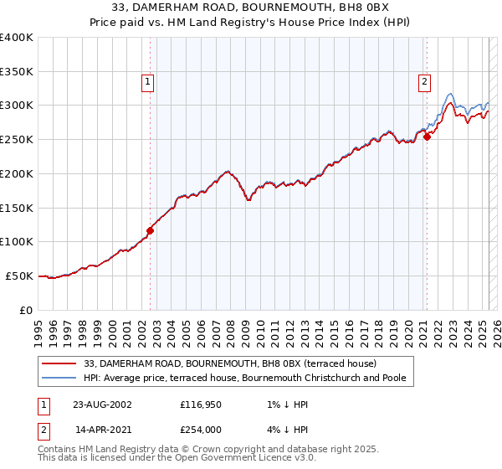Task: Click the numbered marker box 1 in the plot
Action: [147, 82]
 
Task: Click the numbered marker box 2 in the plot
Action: [424, 82]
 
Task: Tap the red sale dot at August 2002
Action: [151, 230]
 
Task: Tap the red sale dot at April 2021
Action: [427, 137]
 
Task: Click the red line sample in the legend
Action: [59, 363]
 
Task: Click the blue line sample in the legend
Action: [59, 379]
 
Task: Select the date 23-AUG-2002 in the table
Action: [101, 405]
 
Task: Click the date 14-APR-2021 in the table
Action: [101, 430]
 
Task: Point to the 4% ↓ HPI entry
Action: [289, 430]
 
